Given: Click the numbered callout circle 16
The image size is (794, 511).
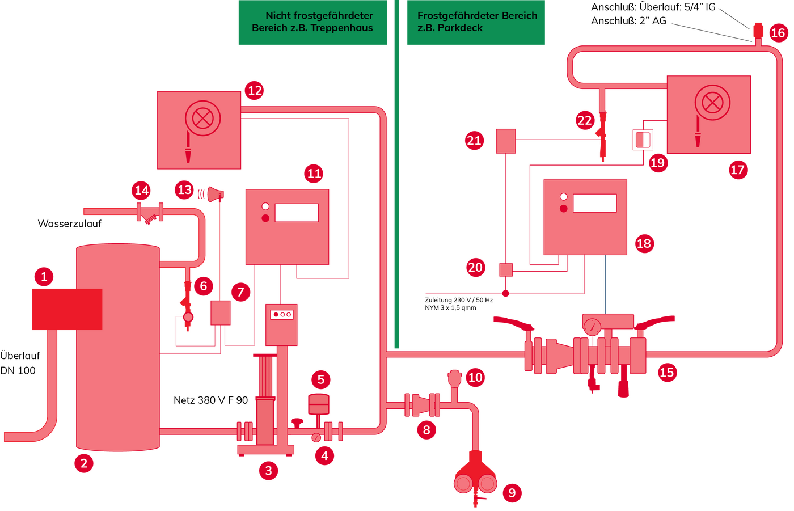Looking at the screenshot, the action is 778,33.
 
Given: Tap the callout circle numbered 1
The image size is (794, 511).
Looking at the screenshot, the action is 44,276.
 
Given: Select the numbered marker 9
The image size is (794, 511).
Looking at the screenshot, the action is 512,493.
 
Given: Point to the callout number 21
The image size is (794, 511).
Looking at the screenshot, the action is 474,141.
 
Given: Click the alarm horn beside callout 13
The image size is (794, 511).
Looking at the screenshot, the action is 216,194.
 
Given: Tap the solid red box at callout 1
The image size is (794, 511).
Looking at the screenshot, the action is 67,309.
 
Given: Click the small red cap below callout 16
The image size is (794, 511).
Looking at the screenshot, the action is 758,31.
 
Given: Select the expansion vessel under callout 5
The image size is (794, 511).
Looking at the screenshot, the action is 319,404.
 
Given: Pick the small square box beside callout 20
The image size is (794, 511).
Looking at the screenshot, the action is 506,269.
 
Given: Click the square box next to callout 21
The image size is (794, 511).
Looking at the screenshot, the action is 506,141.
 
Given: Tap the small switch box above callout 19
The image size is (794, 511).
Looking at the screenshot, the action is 643,140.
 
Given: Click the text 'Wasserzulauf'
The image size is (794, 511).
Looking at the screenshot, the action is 69,223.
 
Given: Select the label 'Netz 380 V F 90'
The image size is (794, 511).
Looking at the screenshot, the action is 210,400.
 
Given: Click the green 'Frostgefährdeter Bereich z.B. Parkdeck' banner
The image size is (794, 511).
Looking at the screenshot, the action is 476,22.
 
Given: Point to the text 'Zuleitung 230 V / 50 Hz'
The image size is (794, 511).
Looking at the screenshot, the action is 459,300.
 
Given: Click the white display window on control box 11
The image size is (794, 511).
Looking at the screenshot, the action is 297,213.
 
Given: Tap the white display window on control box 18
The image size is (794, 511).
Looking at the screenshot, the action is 595,203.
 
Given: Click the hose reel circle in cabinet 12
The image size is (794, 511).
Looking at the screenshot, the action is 203,119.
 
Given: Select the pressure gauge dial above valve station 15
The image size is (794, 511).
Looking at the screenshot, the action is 592,327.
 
